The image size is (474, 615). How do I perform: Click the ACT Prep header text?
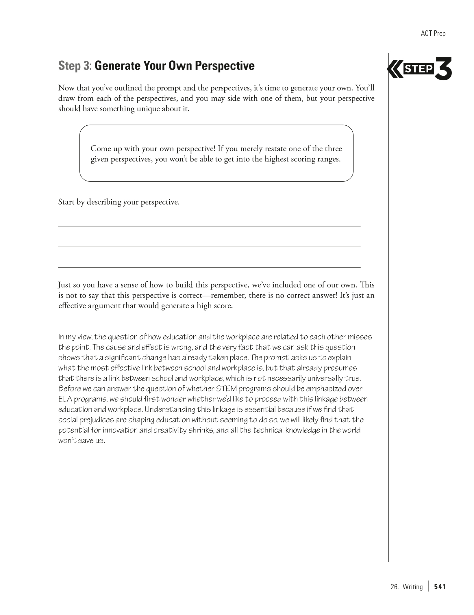click(x=433, y=34)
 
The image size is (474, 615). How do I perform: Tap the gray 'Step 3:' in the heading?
click(x=75, y=66)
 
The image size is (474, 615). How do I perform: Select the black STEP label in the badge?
click(x=419, y=69)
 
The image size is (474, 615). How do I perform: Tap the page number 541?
click(x=440, y=587)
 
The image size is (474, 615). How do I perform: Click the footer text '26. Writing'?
click(x=406, y=587)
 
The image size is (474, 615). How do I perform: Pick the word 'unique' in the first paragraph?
click(x=148, y=109)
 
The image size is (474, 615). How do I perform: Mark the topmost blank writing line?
click(x=209, y=226)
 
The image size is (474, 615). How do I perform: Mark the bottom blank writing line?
click(x=209, y=267)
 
